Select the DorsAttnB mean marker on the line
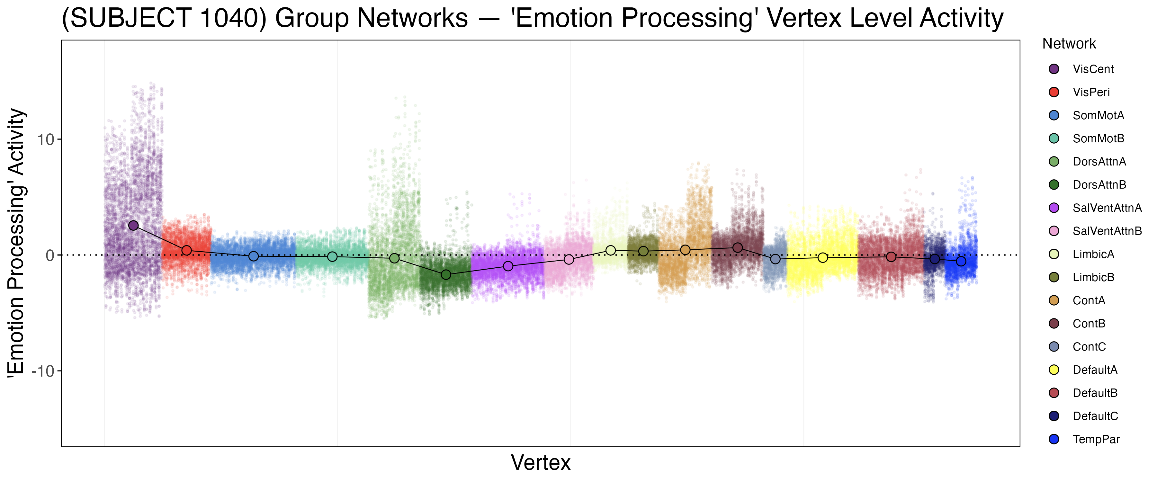[446, 274]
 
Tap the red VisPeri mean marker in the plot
[187, 250]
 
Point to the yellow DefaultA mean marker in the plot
[823, 257]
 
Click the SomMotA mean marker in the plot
[254, 256]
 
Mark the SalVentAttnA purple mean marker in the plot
[508, 266]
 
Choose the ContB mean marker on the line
[738, 247]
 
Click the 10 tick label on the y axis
[45, 140]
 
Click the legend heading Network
[1069, 44]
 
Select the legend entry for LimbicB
[1093, 277]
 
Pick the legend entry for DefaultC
[1095, 416]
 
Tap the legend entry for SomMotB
[1098, 138]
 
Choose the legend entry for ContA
[1089, 300]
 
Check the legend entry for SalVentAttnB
[1107, 231]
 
